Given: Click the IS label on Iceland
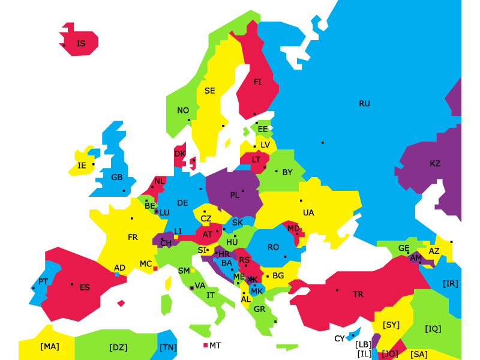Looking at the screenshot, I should (81, 44).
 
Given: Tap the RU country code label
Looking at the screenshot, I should (364, 104).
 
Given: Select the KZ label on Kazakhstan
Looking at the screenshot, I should (435, 164).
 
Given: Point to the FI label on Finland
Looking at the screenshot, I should (257, 82).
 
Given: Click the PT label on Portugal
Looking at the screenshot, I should (43, 281).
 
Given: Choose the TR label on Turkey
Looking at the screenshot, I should (358, 295).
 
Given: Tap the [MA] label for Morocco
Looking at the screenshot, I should (50, 347).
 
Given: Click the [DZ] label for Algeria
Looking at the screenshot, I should (118, 347).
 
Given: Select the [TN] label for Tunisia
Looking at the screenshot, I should (168, 347).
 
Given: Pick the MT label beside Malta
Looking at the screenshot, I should (215, 346).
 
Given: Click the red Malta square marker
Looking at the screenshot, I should (205, 346).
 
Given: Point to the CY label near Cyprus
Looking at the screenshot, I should (340, 339).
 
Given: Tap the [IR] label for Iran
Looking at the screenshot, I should (450, 284).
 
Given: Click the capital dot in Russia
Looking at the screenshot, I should (323, 142).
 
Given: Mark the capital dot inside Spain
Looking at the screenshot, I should (72, 284).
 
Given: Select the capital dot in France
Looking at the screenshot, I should (132, 218).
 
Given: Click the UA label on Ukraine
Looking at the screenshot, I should (308, 213).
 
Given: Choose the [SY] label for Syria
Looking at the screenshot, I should (391, 325).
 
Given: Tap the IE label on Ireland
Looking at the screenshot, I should (82, 166).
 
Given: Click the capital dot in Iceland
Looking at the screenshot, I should (64, 45).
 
